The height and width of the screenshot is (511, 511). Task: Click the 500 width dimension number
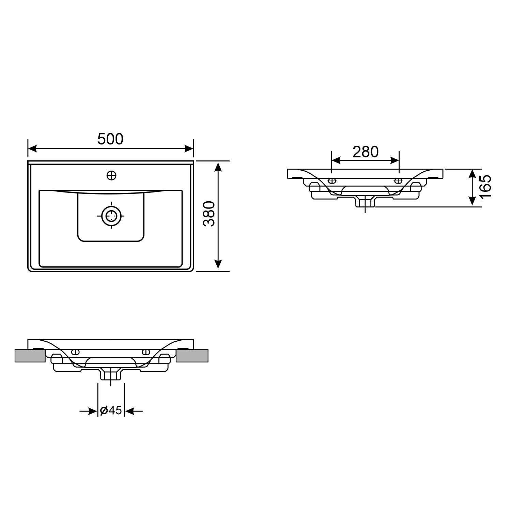110,139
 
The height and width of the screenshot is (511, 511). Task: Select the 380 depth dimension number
208,214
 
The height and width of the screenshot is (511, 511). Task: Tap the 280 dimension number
365,152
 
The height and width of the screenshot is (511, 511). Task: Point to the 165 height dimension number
485,187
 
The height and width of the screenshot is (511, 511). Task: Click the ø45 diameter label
111,411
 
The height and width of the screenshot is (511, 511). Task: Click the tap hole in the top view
111,175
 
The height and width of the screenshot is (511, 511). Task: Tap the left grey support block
30,356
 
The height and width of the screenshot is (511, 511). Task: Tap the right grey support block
192,356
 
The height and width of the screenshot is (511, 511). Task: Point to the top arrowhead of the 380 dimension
218,167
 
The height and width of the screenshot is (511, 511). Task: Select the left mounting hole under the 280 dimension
332,181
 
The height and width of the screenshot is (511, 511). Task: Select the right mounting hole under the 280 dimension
398,181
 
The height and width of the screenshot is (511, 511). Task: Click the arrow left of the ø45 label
92,412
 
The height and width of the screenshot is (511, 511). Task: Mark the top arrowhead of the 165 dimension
472,174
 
